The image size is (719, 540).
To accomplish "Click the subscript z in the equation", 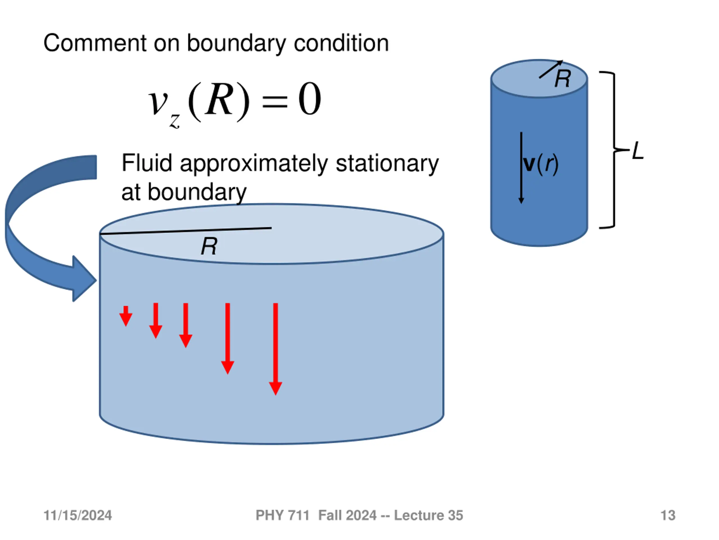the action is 174,121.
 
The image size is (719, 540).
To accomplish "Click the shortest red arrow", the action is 126,316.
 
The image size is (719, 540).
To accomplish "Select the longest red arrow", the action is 276,349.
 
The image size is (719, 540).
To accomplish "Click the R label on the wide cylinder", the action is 209,246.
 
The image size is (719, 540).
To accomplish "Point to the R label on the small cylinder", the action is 563,79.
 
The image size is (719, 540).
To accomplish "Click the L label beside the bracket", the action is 638,150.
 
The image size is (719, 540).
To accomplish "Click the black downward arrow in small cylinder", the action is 521,168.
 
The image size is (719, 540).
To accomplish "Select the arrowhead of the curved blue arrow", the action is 84,279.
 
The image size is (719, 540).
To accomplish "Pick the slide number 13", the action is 668,515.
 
